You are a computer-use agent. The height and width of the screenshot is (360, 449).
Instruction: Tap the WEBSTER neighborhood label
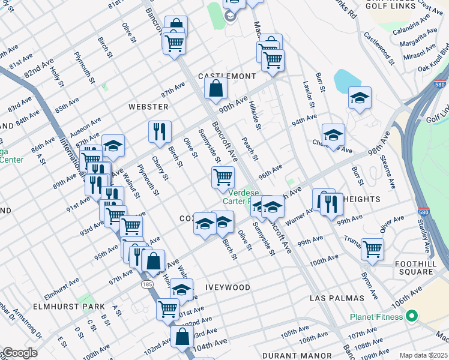tap(148, 107)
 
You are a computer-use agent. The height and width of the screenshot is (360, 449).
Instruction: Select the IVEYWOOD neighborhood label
tap(228, 288)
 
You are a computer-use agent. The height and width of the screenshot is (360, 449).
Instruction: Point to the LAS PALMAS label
tap(337, 298)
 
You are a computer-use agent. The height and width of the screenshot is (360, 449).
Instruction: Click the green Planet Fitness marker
tap(412, 315)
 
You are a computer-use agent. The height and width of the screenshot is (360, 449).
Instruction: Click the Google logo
tap(20, 353)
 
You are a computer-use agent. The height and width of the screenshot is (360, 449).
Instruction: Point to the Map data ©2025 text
tap(423, 355)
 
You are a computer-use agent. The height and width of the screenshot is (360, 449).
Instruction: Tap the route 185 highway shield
tap(148, 284)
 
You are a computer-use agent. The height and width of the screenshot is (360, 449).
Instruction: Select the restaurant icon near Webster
tap(160, 131)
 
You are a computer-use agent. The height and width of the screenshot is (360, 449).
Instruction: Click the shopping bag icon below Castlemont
tap(216, 89)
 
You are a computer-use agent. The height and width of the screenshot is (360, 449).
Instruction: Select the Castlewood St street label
tap(382, 50)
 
